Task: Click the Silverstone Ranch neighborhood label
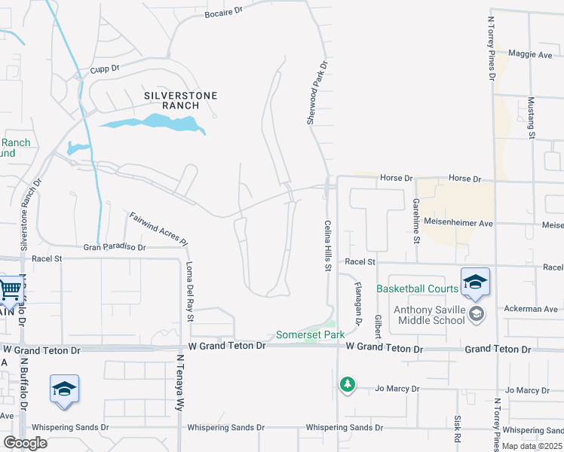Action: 181,101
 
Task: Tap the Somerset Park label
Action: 310,334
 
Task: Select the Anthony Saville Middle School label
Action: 429,313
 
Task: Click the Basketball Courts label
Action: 417,289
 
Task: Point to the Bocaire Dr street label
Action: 224,14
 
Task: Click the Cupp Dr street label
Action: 105,69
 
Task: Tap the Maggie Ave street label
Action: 531,54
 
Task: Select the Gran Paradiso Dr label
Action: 114,246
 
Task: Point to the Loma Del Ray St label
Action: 190,291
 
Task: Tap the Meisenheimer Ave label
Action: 458,224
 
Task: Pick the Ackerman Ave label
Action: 532,309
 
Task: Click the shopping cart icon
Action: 10,289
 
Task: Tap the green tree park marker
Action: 347,385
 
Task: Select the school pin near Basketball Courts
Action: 475,282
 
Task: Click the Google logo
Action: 25,443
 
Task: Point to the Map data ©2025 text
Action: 532,446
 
